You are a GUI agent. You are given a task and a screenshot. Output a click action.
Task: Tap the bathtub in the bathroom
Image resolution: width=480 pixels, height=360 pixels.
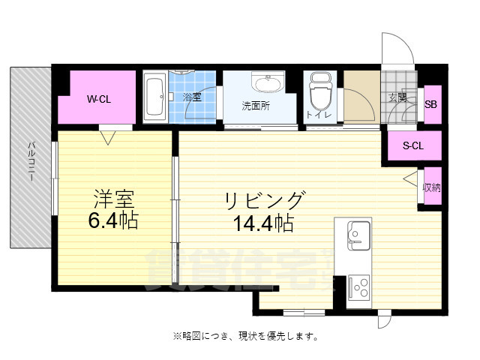coord(155,97)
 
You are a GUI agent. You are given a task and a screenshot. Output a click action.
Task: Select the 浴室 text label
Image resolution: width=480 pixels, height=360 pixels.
coord(192,97)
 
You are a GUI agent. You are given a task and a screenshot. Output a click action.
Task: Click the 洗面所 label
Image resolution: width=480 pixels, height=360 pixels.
coord(256,106)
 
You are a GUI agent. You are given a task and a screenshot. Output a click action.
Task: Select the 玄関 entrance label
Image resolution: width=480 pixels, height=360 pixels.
coord(398,97)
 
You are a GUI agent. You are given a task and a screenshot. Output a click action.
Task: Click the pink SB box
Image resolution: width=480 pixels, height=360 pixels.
coord(431,104)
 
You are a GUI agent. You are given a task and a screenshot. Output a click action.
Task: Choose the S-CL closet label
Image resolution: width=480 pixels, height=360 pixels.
coord(412,146)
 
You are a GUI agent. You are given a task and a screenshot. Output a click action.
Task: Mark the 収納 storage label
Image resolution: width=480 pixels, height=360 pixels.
coord(431,187)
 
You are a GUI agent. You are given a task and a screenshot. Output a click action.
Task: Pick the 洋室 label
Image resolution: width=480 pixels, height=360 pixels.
coord(113,200)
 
